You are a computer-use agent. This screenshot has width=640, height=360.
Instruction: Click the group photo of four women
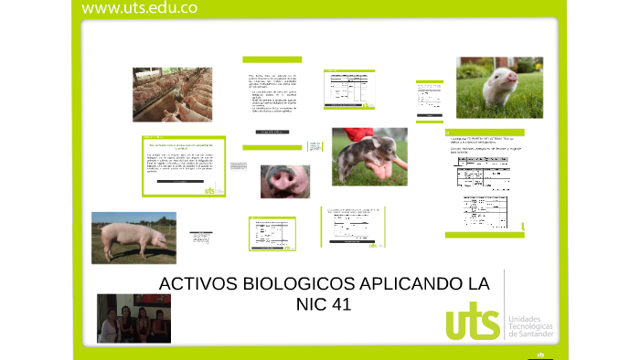[133, 317]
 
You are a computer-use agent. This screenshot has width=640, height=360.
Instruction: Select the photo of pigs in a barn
[172, 94]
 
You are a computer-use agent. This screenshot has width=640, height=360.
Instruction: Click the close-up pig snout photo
[284, 181]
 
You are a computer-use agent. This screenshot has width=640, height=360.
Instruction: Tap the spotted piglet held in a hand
[366, 157]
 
